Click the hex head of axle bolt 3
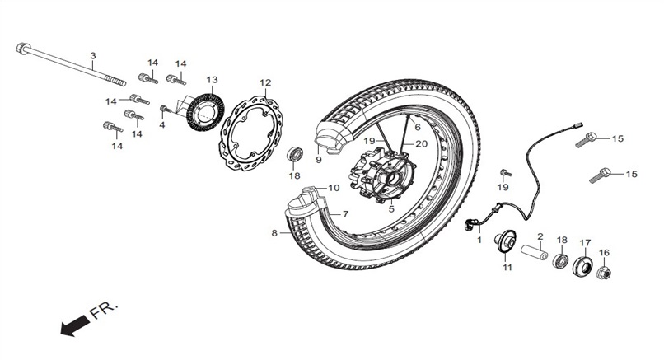coord(22,48)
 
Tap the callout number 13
coord(212,80)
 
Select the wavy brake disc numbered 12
coord(250,133)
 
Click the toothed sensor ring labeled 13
coord(205,113)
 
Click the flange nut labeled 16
coord(604,273)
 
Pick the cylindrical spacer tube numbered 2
coord(534,252)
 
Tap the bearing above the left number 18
coord(295,154)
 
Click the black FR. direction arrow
coord(75,325)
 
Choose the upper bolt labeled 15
coord(586,139)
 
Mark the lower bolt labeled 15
coord(600,175)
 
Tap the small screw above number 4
coord(165,110)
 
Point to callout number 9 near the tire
coord(319,160)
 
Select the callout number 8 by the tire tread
coord(274,232)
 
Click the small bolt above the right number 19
coord(506,172)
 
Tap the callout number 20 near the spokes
coord(421,144)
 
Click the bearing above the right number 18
coord(560,259)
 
